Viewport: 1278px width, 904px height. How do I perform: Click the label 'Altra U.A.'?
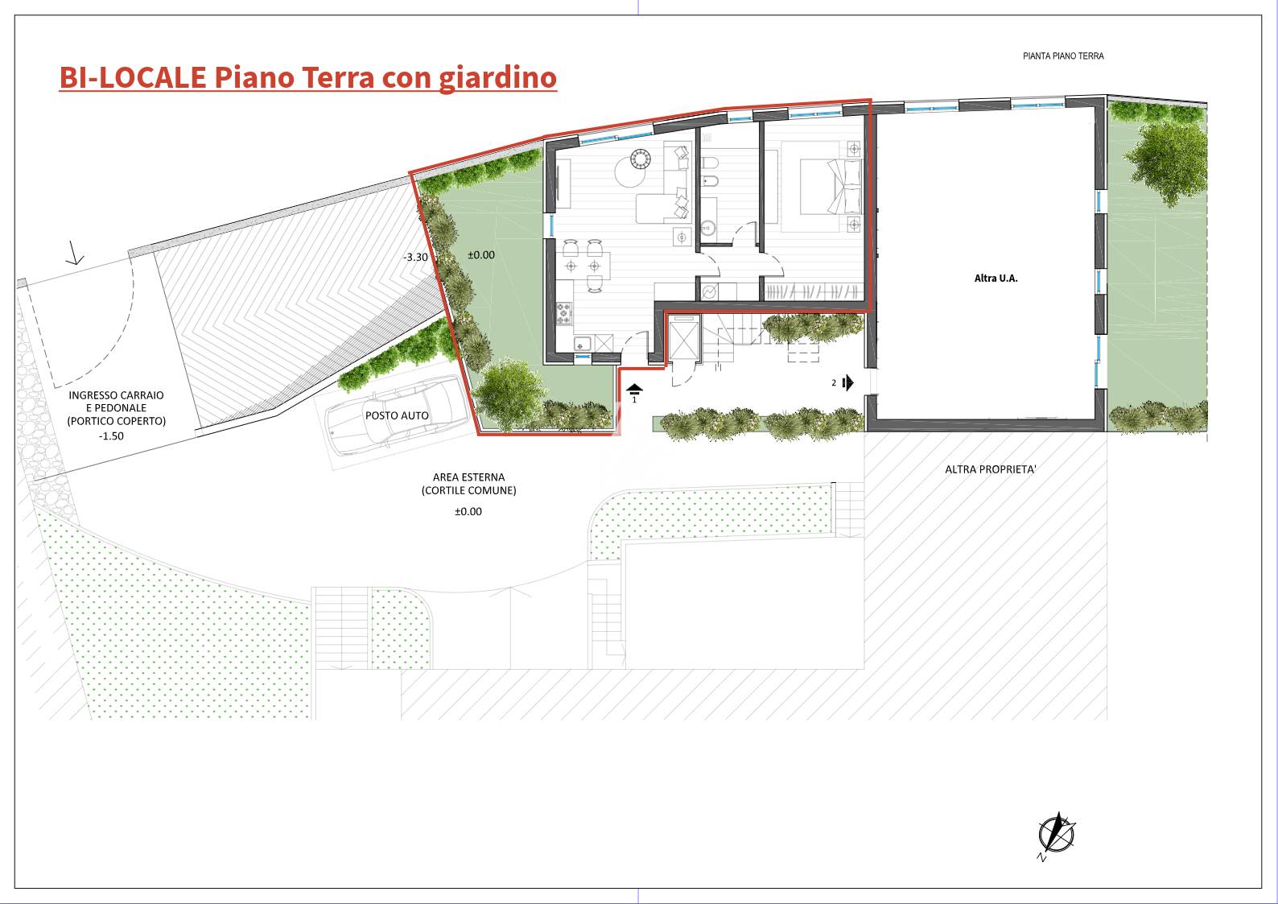coord(996,279)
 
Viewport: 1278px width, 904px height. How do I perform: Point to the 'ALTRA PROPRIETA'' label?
coord(991,469)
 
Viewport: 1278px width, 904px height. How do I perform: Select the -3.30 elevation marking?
coord(415,258)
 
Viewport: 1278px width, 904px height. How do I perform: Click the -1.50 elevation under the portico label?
coord(111,436)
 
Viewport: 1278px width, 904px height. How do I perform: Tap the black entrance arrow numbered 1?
coord(634,390)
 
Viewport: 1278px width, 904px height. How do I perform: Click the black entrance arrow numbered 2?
coord(847,382)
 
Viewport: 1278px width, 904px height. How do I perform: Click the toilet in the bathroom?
coord(709,164)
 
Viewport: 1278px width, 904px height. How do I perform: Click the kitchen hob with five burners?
coord(564,314)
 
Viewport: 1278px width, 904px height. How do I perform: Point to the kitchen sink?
coord(583,345)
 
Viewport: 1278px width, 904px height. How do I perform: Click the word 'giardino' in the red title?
coord(497,78)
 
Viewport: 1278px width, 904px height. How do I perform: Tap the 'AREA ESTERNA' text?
coord(468,477)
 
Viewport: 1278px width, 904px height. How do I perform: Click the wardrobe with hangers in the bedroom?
coord(813,292)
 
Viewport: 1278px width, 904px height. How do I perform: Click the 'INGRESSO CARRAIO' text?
coord(116,395)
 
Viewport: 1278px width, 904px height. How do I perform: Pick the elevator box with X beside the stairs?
coord(683,341)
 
